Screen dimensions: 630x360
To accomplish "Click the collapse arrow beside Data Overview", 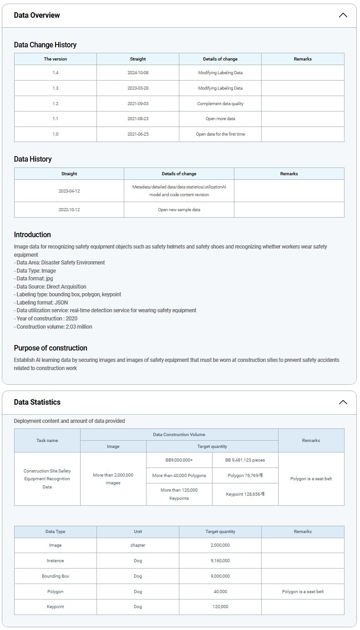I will [x=343, y=15].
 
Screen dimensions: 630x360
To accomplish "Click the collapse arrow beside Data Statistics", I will [x=343, y=402].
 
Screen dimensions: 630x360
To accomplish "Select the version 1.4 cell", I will [x=56, y=73].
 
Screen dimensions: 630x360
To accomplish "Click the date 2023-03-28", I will [x=138, y=88].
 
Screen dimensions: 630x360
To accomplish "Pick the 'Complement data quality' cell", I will [x=220, y=104].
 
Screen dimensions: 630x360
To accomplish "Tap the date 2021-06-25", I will [x=138, y=134].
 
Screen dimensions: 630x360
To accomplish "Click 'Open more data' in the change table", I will [x=220, y=119].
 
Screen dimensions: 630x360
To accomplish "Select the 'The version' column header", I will [x=56, y=59].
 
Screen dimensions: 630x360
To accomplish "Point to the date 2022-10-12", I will [x=69, y=210].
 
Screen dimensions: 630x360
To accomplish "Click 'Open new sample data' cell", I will [x=179, y=210].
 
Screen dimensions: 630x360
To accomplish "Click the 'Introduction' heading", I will [x=32, y=235].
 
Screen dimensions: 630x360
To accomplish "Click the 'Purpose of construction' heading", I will [x=51, y=348].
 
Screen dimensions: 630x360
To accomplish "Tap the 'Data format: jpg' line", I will [x=34, y=279].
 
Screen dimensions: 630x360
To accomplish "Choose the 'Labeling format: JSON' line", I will [x=41, y=303].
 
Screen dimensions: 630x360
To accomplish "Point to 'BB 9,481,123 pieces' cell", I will [x=245, y=460].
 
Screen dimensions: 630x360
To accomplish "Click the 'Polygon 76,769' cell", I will [x=245, y=476].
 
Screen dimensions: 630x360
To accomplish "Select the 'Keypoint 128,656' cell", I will [x=245, y=494].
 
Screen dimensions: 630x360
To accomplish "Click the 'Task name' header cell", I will [x=47, y=441].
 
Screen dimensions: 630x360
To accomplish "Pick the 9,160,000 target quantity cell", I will [x=220, y=561].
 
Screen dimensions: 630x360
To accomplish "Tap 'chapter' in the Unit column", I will [x=138, y=545].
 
